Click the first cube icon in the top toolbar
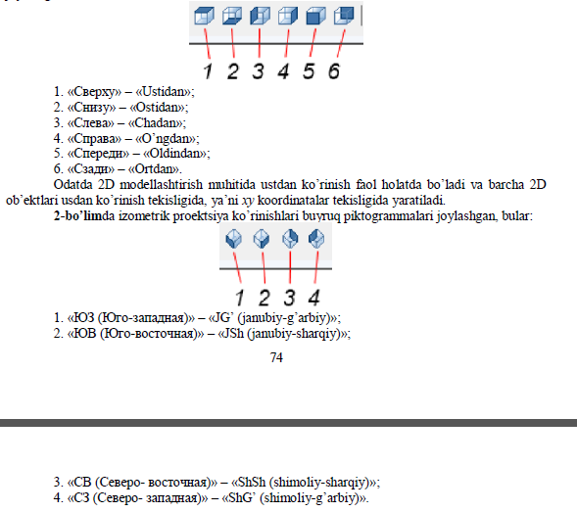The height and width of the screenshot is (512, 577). pos(204,17)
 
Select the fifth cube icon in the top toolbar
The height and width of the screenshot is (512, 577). pos(315,17)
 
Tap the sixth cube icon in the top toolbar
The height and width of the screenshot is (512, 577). pos(344,17)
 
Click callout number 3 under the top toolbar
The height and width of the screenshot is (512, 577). pos(258,71)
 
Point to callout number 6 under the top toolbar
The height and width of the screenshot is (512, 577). pos(334,71)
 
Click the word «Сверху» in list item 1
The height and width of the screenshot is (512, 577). pos(94,92)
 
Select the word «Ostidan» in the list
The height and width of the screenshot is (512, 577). pos(157,108)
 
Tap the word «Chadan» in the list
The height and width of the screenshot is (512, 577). pos(156,122)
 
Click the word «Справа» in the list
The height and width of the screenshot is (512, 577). pos(94,139)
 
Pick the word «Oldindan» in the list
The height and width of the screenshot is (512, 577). pos(175,153)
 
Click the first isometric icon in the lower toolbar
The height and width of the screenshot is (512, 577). pos(234,239)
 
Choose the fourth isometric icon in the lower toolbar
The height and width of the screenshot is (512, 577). pos(316,239)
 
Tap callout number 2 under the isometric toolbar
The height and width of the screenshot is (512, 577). pos(264,298)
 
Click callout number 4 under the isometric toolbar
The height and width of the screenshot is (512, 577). pos(313,298)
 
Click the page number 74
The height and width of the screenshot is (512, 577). pos(276,357)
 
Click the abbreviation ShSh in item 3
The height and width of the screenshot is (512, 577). pos(252,482)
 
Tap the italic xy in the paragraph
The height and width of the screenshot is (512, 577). pos(248,201)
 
